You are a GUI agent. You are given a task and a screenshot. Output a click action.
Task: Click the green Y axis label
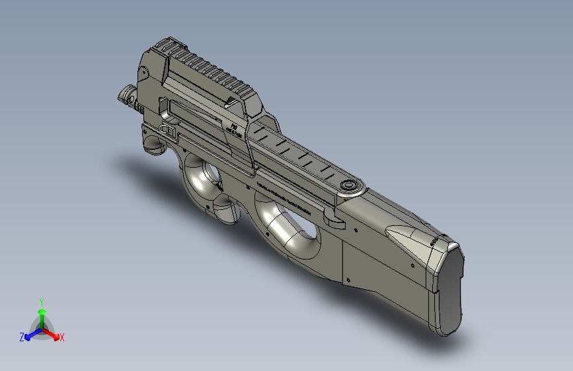pos(41,301)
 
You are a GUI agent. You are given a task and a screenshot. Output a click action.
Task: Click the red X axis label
pos(62,337)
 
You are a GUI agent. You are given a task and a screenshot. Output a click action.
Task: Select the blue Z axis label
pos(22,337)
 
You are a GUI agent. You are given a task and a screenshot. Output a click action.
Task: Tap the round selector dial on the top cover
pos(348,185)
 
